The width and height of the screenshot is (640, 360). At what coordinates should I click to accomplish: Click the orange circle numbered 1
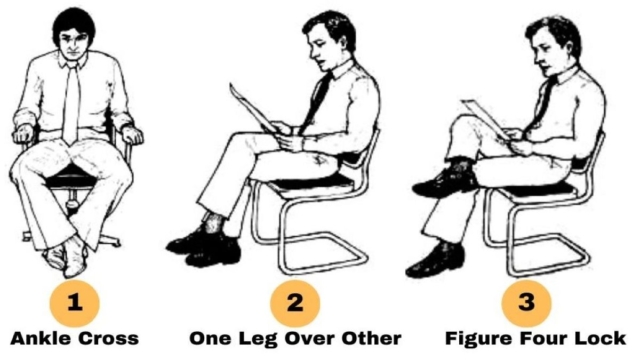tap(74, 303)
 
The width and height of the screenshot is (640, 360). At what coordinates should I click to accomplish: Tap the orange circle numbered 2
tap(295, 303)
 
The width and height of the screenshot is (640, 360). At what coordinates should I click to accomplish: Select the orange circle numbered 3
tap(527, 303)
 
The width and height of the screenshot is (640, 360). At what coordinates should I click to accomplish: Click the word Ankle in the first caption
tap(40, 338)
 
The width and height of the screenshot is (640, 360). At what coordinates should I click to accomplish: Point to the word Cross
tap(108, 339)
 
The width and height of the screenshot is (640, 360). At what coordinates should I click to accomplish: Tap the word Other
tap(371, 338)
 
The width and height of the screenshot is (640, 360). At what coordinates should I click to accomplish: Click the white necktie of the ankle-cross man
tap(71, 103)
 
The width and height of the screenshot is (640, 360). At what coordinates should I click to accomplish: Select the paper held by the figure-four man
tap(485, 117)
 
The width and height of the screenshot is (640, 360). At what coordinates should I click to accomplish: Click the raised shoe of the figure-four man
tap(446, 182)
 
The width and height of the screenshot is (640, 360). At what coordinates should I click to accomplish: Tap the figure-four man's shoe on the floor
tap(434, 260)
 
